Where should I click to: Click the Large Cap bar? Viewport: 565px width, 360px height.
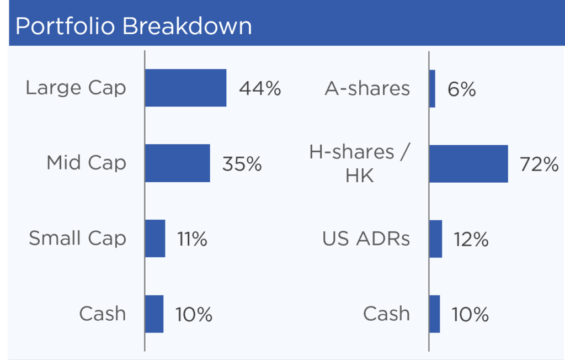186,88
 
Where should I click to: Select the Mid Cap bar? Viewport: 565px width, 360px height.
178,163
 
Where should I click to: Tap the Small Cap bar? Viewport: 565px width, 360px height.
155,239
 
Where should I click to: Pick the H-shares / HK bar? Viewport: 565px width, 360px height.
469,164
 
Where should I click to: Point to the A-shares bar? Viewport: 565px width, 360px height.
433,89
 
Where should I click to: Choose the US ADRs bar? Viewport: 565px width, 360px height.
436,239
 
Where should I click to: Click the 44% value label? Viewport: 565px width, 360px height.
260,88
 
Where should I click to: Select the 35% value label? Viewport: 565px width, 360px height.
242,164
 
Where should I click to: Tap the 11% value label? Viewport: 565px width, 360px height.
192,239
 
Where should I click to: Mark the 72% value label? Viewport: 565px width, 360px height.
539,165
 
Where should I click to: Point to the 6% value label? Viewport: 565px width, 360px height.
462,89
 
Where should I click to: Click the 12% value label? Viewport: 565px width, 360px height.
471,240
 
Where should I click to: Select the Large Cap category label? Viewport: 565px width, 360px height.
76,88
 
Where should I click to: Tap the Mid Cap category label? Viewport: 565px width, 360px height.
87,163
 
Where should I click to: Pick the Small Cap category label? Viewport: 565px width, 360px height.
77,239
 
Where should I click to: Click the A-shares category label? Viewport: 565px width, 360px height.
367,89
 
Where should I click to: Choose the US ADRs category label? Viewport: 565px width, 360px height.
366,239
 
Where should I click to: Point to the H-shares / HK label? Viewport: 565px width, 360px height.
360,163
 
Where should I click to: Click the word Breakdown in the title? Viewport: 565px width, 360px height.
187,26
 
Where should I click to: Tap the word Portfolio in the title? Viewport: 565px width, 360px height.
65,26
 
